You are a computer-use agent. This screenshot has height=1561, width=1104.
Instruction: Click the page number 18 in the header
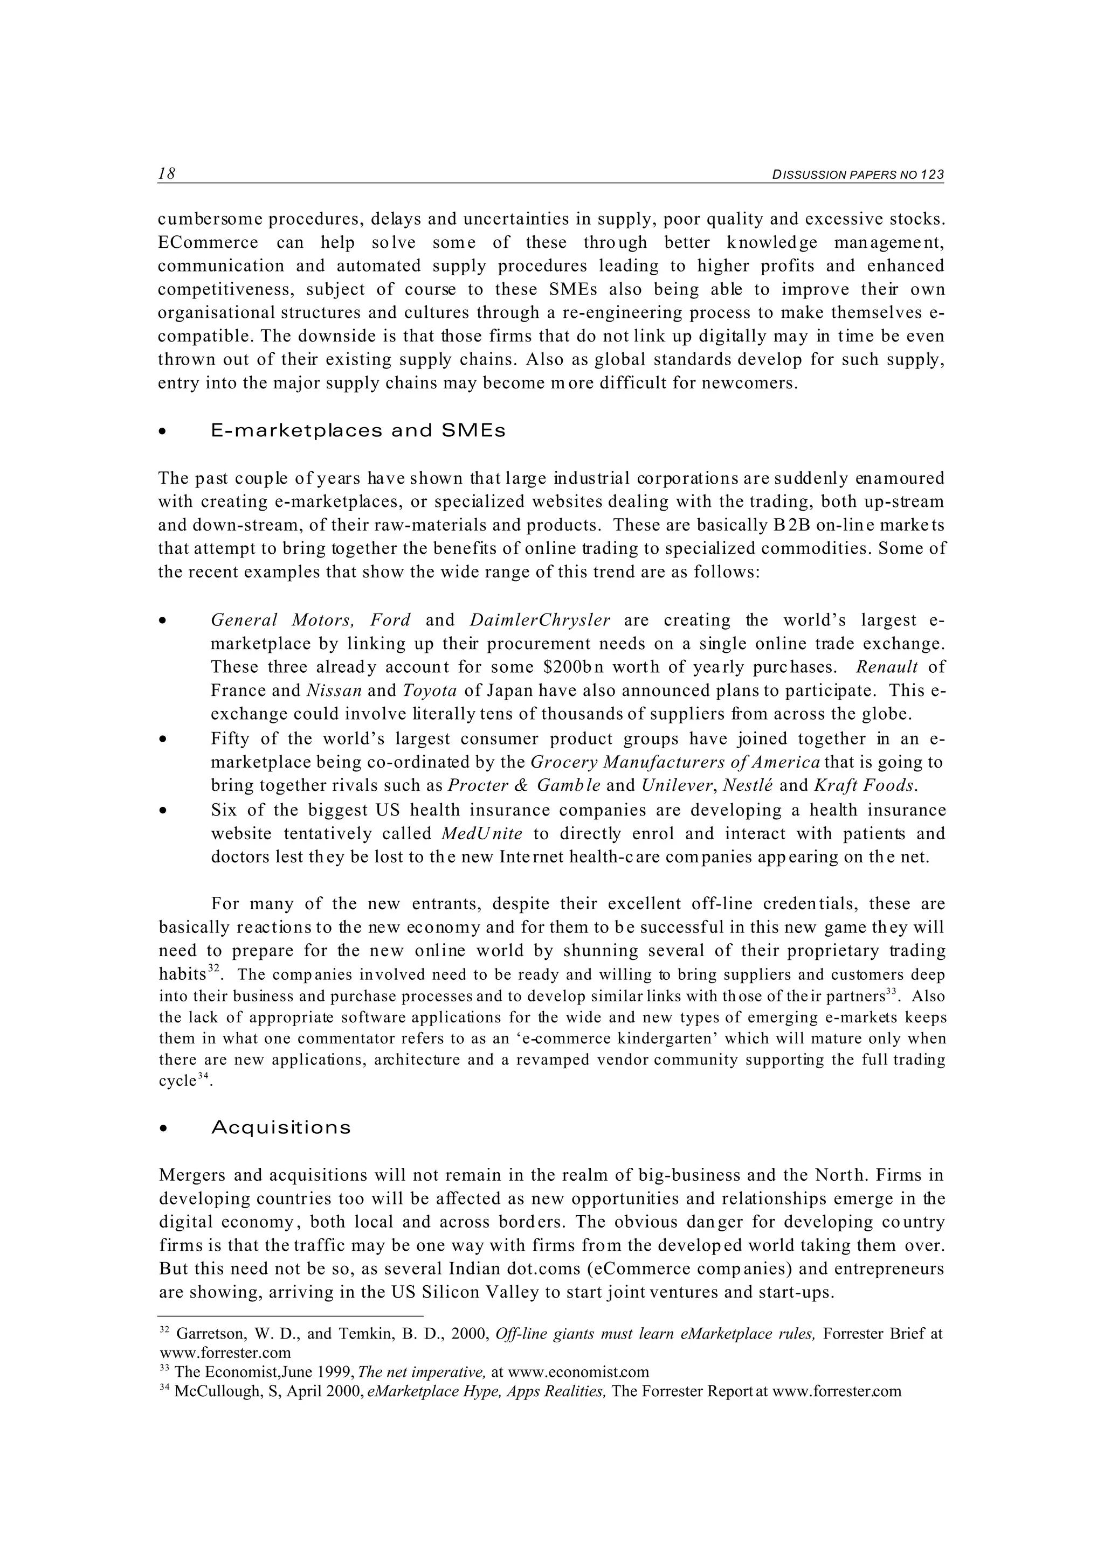click(167, 174)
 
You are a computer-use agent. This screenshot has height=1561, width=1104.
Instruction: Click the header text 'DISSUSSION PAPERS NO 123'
click(858, 175)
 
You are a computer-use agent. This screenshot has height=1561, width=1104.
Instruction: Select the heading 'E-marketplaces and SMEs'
click(358, 431)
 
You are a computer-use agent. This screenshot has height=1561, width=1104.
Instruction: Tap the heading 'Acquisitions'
click(281, 1128)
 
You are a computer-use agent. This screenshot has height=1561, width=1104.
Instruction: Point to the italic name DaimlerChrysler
click(540, 620)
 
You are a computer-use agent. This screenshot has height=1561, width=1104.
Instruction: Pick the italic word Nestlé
click(748, 786)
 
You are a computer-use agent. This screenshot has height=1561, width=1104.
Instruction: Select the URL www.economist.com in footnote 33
click(578, 1372)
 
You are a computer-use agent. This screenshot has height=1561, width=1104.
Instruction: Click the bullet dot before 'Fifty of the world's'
click(163, 740)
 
